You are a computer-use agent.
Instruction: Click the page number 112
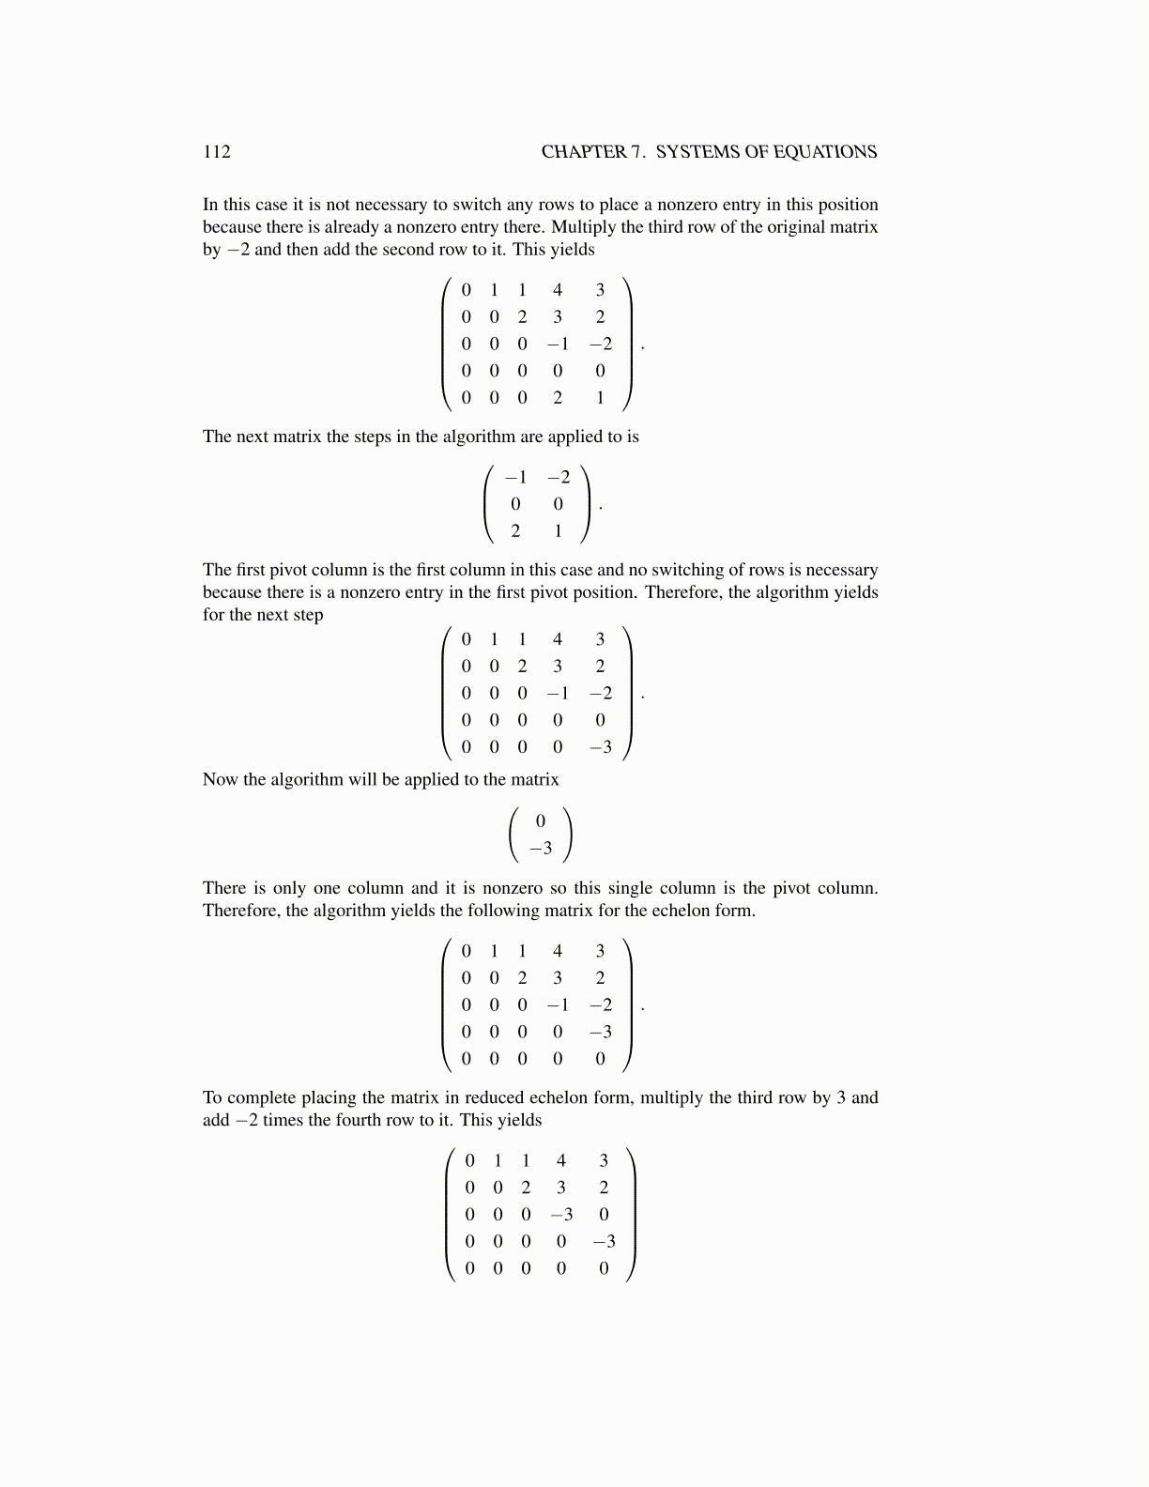point(216,152)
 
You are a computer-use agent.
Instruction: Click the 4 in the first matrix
point(558,290)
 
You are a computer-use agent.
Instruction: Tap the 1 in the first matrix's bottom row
point(600,398)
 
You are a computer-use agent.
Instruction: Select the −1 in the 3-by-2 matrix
point(515,478)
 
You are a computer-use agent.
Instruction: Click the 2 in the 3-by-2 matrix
point(515,531)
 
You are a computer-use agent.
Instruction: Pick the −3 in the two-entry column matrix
point(541,849)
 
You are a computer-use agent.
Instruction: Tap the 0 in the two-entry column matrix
point(541,821)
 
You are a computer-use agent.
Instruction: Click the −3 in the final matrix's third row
point(561,1215)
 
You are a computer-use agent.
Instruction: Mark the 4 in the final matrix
point(561,1161)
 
